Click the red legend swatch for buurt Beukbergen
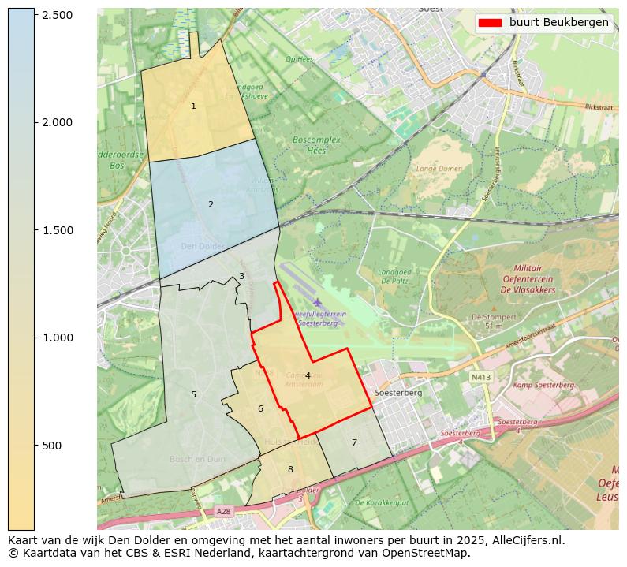coord(491,22)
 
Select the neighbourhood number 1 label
coord(193,106)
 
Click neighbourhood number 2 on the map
coord(211,204)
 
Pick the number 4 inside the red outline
coord(308,375)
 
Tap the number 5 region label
coord(193,394)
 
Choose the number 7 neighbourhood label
coord(354,442)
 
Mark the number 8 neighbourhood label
coord(290,469)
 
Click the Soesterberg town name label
coord(398,392)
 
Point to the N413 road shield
coord(481,378)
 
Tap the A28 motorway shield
coord(224,511)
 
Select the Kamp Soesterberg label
coord(543,385)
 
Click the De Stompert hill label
coord(487,317)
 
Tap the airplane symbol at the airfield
coord(317,302)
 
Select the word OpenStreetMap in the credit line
coord(430,553)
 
